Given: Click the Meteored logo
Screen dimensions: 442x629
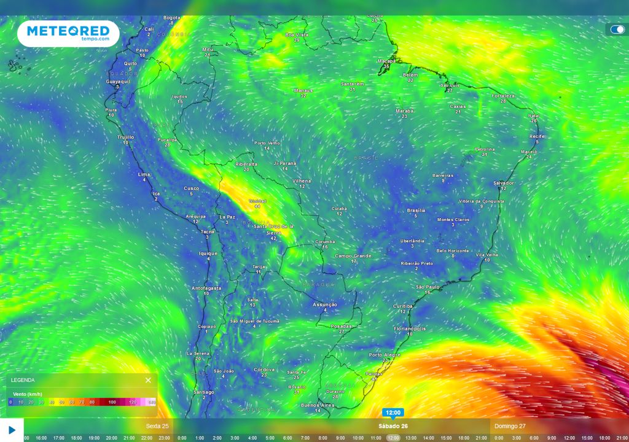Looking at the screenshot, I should (68, 33).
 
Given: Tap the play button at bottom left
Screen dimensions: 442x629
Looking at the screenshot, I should (12, 430).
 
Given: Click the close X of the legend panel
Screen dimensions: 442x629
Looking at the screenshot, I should (148, 380).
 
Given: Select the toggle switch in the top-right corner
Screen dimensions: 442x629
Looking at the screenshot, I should (617, 29).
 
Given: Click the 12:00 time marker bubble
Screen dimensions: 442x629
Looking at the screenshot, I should (393, 413).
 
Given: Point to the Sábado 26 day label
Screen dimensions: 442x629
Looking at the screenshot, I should (393, 425).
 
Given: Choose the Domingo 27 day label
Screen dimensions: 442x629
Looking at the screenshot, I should (510, 425).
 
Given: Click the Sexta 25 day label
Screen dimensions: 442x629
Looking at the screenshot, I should (157, 425).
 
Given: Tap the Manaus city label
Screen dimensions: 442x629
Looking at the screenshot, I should (303, 90).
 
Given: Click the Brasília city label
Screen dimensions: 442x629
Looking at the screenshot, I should (416, 211).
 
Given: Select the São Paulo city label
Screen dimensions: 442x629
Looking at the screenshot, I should (428, 287).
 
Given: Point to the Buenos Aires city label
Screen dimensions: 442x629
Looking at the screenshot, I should (317, 405).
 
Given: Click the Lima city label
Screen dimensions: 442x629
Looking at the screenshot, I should (144, 174).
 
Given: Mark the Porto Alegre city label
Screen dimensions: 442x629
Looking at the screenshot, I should (385, 355).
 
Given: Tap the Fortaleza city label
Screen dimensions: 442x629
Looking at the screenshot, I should (503, 96).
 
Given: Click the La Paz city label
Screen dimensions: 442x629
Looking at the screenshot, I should (227, 217).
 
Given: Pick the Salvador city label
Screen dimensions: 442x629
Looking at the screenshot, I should (504, 183).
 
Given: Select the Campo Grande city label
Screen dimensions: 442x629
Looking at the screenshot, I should (354, 255).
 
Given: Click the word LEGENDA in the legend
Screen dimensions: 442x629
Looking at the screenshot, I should (23, 380).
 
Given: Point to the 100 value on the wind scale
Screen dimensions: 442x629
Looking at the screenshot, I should (112, 402).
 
